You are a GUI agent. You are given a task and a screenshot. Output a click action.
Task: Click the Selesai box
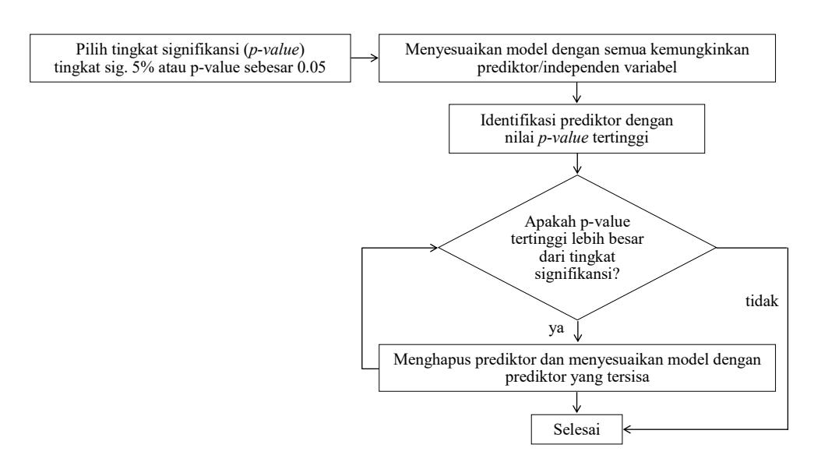click(x=576, y=429)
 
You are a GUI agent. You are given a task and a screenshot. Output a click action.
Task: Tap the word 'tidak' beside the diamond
click(x=762, y=301)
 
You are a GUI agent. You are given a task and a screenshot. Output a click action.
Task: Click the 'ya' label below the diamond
click(x=556, y=328)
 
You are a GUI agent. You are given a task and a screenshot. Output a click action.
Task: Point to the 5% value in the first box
click(x=143, y=67)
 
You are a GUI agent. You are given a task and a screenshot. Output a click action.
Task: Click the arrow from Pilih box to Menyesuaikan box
click(x=365, y=58)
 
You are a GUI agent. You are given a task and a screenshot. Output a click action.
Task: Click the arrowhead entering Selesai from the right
click(x=627, y=429)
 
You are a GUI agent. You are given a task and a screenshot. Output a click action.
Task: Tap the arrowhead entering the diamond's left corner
click(x=434, y=248)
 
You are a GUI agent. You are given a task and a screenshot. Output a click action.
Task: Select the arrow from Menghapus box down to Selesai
click(x=576, y=403)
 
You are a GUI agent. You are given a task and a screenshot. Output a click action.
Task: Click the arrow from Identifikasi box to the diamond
click(x=576, y=164)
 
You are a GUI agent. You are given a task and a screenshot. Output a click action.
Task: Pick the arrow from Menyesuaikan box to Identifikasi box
click(x=576, y=93)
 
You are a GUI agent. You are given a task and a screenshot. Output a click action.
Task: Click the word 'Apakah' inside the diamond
click(x=550, y=222)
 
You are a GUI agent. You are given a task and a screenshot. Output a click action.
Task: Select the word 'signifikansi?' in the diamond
click(x=576, y=273)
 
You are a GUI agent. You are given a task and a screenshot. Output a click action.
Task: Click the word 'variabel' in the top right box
click(x=654, y=68)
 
